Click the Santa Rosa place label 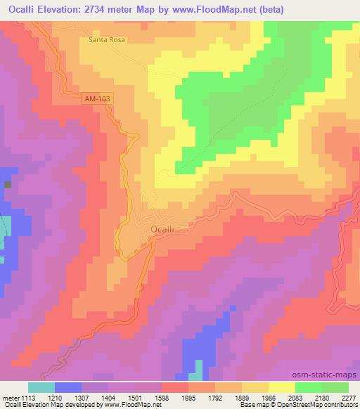pos(107,40)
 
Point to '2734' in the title pos(103,8)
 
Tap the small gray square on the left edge pos(8,185)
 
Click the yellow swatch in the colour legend pos(281,387)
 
